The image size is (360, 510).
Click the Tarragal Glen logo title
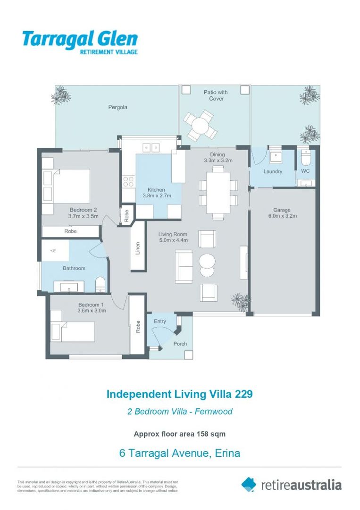point(80,39)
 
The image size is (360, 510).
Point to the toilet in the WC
point(304,155)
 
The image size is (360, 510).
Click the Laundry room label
point(273,171)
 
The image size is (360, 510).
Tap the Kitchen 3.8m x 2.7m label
point(157,193)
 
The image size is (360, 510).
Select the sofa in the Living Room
point(184,264)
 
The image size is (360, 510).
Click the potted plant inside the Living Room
point(241,301)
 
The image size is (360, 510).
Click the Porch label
point(180,344)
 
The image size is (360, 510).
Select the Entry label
point(160,322)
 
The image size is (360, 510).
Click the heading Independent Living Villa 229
point(180,394)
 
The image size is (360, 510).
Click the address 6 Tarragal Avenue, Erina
point(180,453)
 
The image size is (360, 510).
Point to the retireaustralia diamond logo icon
point(249,484)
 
